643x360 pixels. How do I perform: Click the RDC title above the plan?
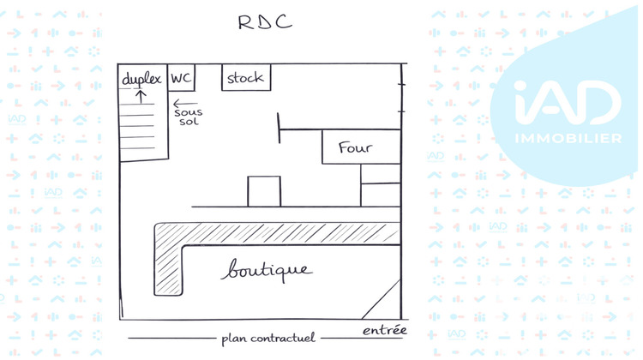(265, 22)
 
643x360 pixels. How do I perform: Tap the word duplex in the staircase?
(141, 79)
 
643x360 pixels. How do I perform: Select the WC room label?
(181, 77)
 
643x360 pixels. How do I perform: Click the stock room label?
(245, 77)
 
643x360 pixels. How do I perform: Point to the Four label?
(355, 147)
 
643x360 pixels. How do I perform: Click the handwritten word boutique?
(267, 270)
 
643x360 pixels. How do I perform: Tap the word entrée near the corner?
(385, 330)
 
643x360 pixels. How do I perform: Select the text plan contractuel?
(268, 339)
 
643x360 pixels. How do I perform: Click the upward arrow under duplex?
(141, 96)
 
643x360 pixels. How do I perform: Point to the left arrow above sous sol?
(185, 104)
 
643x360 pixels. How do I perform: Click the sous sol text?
(189, 117)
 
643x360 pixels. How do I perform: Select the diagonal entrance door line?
(382, 299)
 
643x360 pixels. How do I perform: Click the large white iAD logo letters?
(568, 103)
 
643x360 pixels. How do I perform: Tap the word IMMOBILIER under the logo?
(568, 139)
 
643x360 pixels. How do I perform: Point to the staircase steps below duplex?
(138, 126)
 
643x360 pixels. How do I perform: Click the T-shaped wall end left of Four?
(279, 129)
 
